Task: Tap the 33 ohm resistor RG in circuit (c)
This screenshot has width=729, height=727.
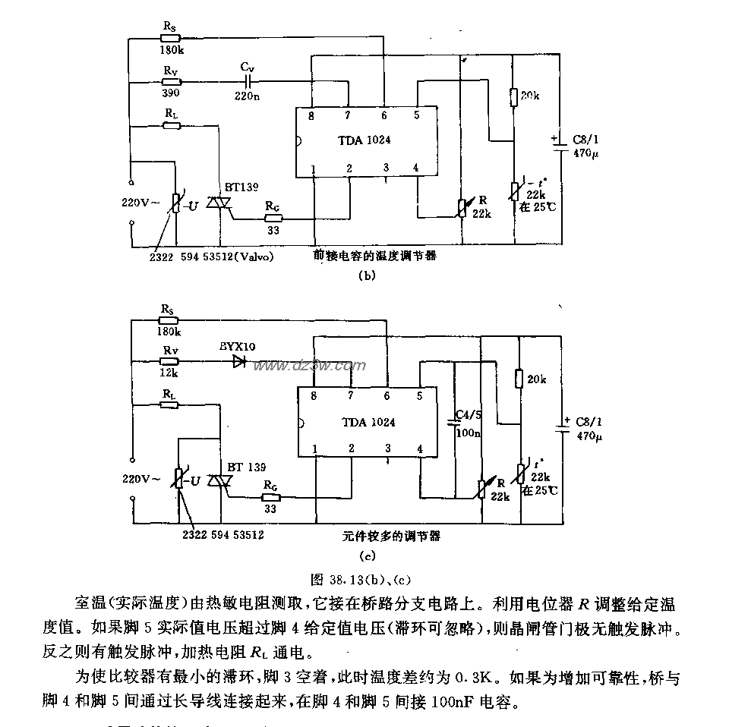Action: pos(270,498)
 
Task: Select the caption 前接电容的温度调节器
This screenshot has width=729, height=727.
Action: pos(375,256)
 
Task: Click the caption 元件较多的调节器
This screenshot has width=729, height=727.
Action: pos(391,536)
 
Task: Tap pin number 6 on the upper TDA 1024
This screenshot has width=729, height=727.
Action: pos(384,115)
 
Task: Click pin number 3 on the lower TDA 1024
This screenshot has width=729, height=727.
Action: pos(387,448)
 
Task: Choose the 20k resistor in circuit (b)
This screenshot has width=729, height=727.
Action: pos(515,96)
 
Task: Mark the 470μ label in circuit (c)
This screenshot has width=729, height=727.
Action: pos(589,437)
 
